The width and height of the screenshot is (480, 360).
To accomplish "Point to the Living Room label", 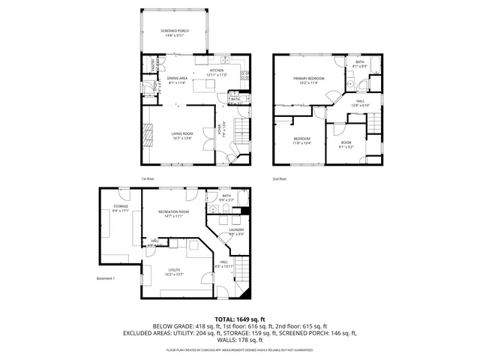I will (x=181, y=136).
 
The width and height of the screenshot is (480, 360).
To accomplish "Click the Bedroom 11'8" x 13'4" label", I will (x=301, y=141).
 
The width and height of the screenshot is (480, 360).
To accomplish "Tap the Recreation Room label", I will (x=173, y=214).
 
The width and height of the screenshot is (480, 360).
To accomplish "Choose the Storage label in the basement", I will (x=121, y=208).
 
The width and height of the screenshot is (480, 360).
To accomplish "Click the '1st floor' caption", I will (x=148, y=178).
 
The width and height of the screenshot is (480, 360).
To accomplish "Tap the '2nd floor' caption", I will (x=280, y=178).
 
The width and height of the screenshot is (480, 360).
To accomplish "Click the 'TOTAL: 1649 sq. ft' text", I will (x=240, y=319).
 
